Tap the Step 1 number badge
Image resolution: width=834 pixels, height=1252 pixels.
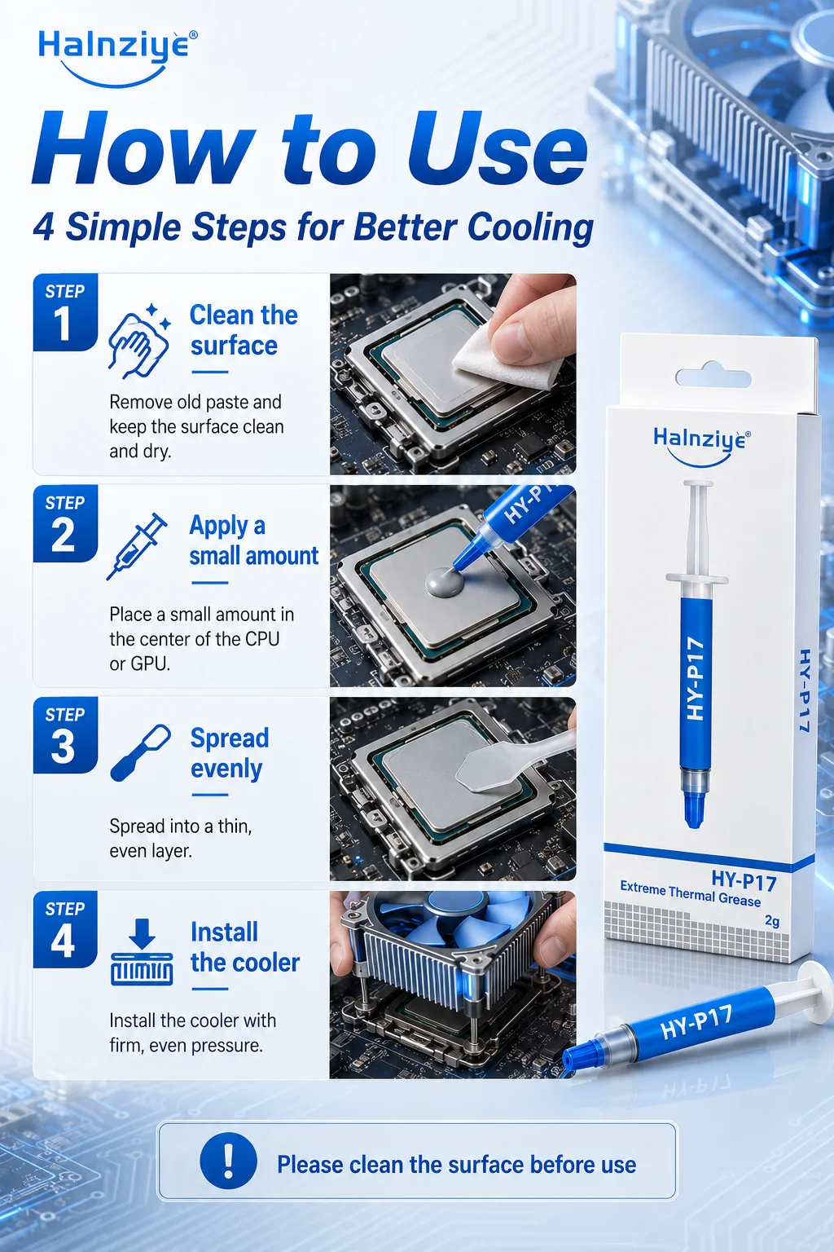65,312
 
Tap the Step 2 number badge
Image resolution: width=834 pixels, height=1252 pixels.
65,523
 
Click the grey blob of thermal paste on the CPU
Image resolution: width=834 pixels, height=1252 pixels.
445,583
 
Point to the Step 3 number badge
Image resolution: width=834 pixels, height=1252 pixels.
65,734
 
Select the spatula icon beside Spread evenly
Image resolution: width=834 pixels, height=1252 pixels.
140,752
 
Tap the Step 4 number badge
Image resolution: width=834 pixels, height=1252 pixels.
65,929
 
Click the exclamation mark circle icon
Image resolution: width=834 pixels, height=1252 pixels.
229,1161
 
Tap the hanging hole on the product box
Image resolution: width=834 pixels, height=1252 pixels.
713,376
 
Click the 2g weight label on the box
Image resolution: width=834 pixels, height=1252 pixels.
772,920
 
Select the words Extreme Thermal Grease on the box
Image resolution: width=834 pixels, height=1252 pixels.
690,893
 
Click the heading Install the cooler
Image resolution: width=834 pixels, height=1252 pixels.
245,947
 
